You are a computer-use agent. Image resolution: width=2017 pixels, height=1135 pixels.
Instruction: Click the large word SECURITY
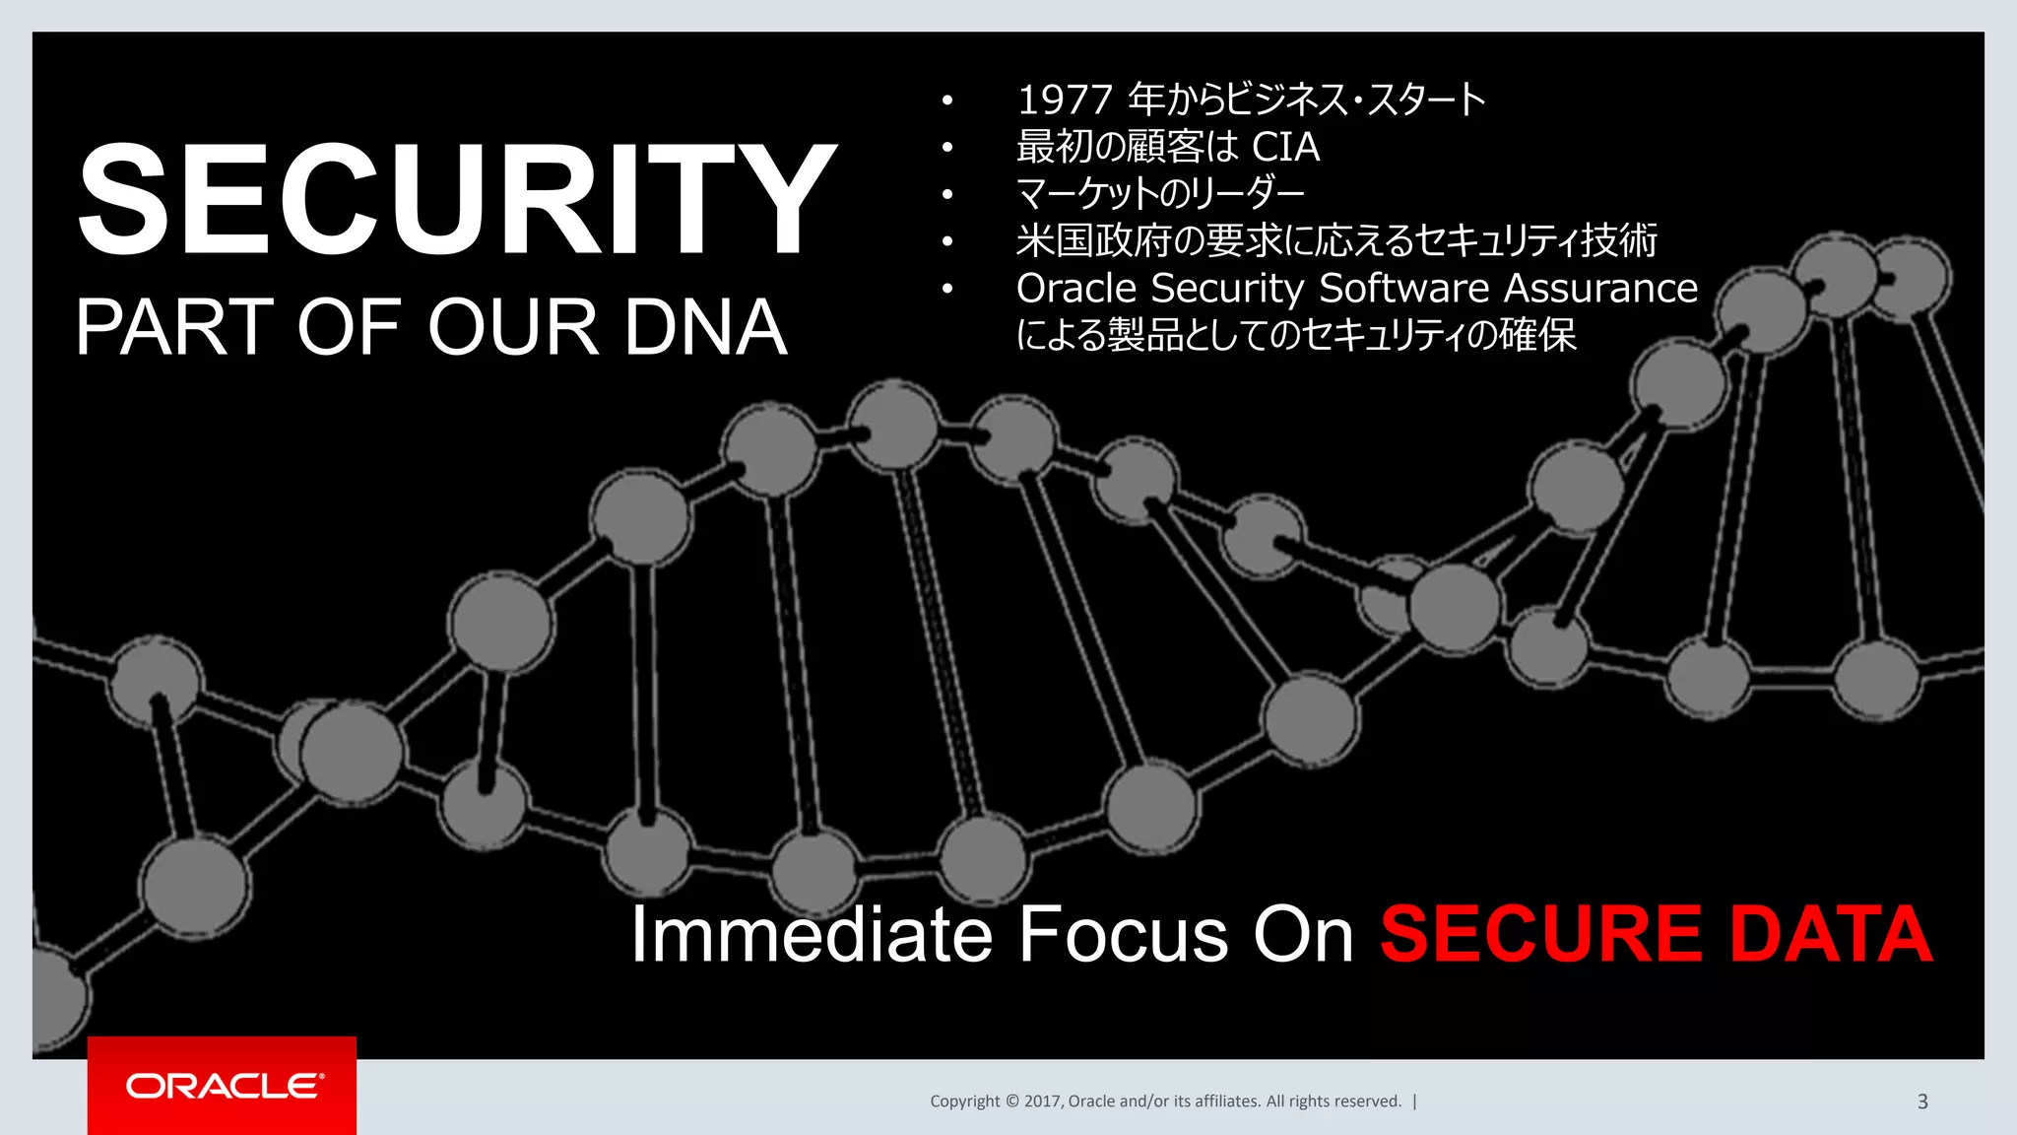point(456,200)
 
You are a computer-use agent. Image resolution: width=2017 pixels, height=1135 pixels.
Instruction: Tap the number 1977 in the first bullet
point(1065,100)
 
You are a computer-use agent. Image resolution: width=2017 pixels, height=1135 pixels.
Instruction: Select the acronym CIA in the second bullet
point(1285,147)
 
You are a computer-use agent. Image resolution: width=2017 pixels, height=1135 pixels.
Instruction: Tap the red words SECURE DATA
point(1656,933)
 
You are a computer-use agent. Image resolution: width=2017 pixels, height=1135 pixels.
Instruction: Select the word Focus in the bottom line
point(1124,933)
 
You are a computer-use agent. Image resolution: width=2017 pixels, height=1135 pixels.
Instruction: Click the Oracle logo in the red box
point(224,1086)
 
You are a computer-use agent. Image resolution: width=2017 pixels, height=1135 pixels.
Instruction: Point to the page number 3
point(1922,1102)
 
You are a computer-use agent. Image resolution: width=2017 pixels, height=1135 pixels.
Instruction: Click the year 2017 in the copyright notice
point(1042,1102)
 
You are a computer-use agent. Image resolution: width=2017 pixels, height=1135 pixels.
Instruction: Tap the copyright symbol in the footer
point(1011,1102)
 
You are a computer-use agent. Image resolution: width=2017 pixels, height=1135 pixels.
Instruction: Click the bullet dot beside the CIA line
point(947,148)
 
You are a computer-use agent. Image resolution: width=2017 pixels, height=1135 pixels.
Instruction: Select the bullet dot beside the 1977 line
point(947,100)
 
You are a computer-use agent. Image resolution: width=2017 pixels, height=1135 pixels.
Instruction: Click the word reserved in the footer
point(1367,1102)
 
